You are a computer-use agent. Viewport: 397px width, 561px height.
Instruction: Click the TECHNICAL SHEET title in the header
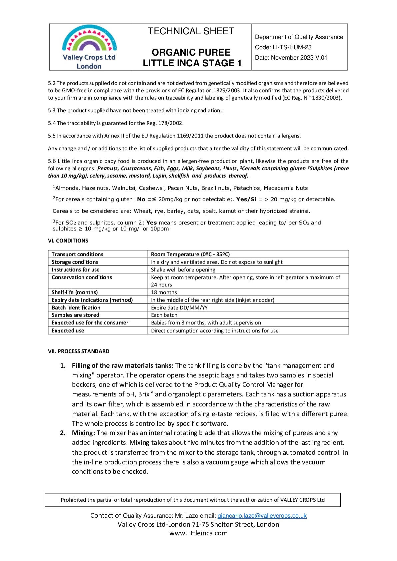pyautogui.click(x=191, y=31)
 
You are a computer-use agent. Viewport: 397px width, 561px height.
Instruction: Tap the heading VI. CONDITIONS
pyautogui.click(x=68, y=241)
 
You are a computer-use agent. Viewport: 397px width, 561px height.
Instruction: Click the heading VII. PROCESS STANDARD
pyautogui.click(x=79, y=351)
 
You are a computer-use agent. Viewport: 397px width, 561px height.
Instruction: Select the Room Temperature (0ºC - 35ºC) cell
pyautogui.click(x=190, y=254)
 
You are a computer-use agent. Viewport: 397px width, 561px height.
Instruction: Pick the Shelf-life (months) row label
pyautogui.click(x=75, y=292)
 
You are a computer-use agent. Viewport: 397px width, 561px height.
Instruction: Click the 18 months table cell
pyautogui.click(x=164, y=292)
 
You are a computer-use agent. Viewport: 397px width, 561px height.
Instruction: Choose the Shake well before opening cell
pyautogui.click(x=183, y=270)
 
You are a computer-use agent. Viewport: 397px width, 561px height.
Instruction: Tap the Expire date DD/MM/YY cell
pyautogui.click(x=179, y=307)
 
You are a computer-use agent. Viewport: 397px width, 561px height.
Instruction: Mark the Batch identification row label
pyautogui.click(x=76, y=307)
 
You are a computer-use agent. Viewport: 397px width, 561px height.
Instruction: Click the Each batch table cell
pyautogui.click(x=164, y=315)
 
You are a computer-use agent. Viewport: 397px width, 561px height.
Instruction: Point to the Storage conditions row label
pyautogui.click(x=75, y=262)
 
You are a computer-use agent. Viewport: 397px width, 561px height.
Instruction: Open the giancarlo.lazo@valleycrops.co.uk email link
pyautogui.click(x=262, y=516)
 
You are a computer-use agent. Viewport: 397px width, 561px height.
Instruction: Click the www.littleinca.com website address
pyautogui.click(x=198, y=533)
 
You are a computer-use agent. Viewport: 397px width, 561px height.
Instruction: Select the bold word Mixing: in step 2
pyautogui.click(x=83, y=433)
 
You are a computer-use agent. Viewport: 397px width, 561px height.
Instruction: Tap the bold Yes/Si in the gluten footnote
pyautogui.click(x=246, y=199)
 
